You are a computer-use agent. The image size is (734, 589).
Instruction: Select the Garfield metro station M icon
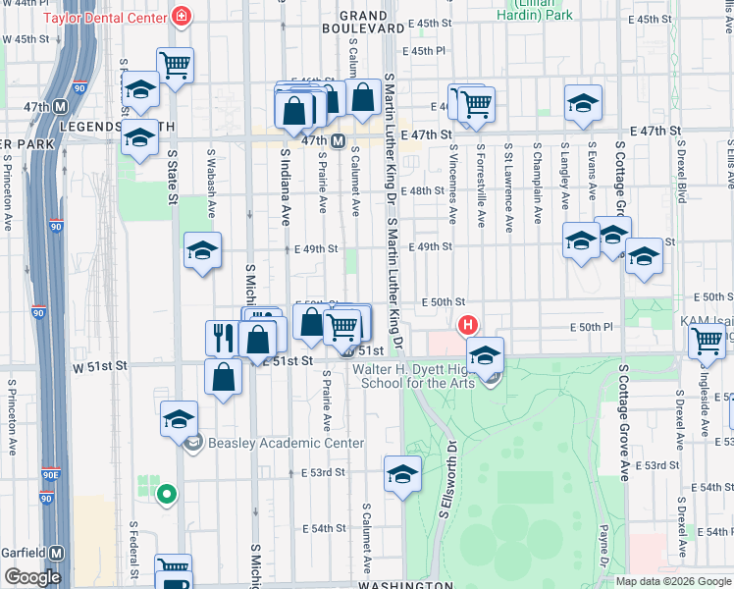pyautogui.click(x=57, y=553)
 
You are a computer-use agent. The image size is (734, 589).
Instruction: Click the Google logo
pyautogui.click(x=32, y=577)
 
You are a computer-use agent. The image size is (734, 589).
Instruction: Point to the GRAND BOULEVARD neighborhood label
pyautogui.click(x=363, y=22)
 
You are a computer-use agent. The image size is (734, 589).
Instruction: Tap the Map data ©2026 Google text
pyautogui.click(x=672, y=581)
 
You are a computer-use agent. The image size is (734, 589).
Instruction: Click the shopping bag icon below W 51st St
pyautogui.click(x=224, y=376)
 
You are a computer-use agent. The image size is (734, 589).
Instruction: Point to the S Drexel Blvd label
pyautogui.click(x=678, y=171)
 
